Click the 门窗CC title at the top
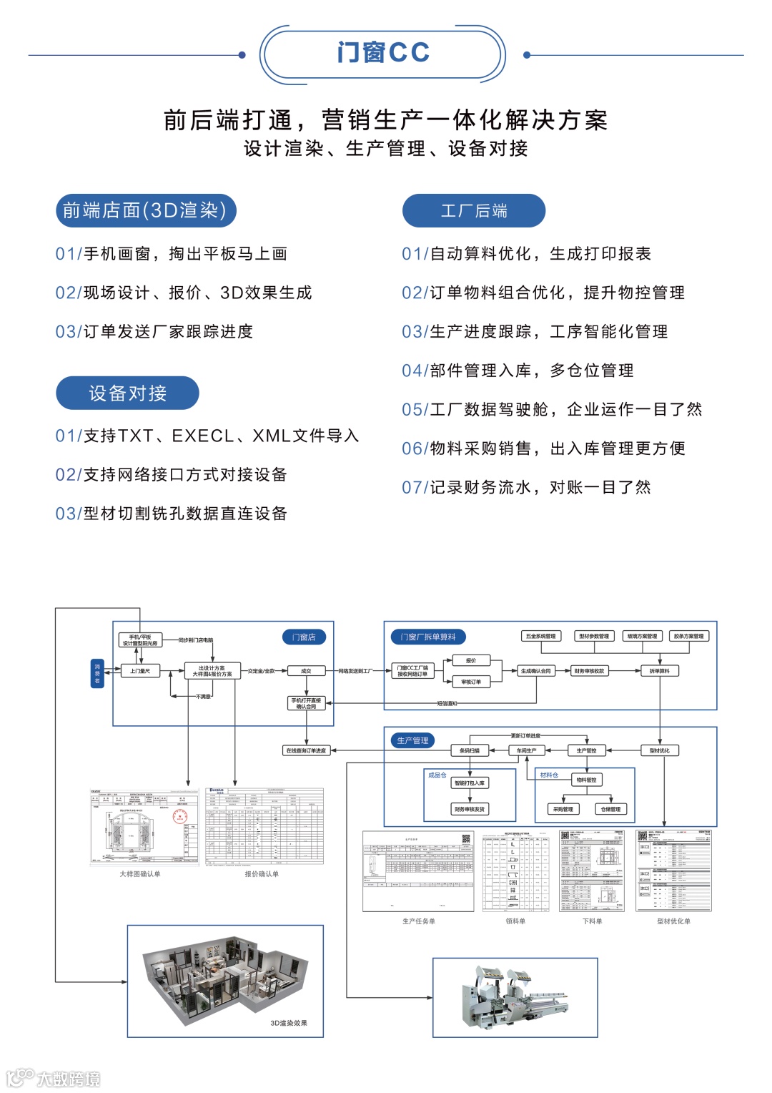coord(383,53)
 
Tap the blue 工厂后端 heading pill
coord(473,211)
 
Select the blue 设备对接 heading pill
coord(127,393)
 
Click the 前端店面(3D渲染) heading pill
coord(145,210)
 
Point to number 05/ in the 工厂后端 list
coord(415,410)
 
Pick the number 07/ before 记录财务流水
coord(415,488)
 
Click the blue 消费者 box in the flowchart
coord(97,673)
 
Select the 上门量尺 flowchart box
coord(140,671)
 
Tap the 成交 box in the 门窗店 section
coord(306,671)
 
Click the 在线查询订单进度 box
coord(306,750)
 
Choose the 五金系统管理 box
coord(540,636)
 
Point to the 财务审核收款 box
coord(589,671)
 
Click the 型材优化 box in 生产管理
coord(659,750)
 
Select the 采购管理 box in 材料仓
coord(563,809)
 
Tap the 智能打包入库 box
coord(470,783)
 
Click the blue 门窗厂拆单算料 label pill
coord(428,637)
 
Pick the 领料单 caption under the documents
coord(515,921)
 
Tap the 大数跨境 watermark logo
coord(54,1078)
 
